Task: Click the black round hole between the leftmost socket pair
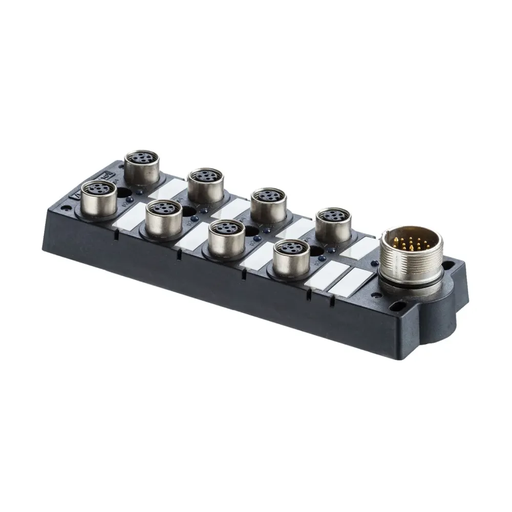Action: tap(124, 193)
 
